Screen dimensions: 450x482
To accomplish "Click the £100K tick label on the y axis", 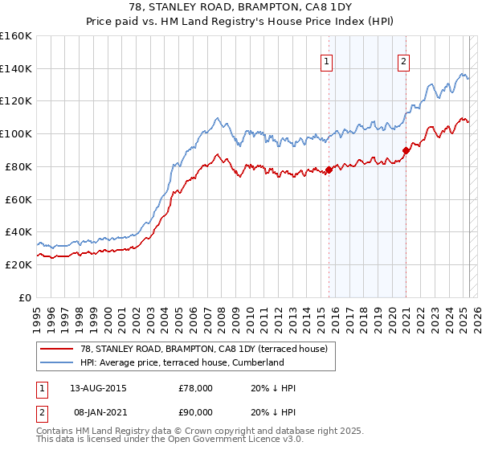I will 15,133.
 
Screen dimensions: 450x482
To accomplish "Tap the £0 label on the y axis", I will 26,297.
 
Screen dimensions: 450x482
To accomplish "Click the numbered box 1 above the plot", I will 328,61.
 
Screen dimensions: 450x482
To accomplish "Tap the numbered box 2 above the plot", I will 403,61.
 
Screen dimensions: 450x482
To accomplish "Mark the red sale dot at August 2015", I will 329,170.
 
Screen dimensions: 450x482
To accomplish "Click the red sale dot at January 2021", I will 406,149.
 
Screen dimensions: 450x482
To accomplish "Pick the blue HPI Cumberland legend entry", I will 182,362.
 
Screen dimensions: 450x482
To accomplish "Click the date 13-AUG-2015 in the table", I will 99,388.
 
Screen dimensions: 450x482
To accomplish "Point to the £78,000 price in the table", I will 195,388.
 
